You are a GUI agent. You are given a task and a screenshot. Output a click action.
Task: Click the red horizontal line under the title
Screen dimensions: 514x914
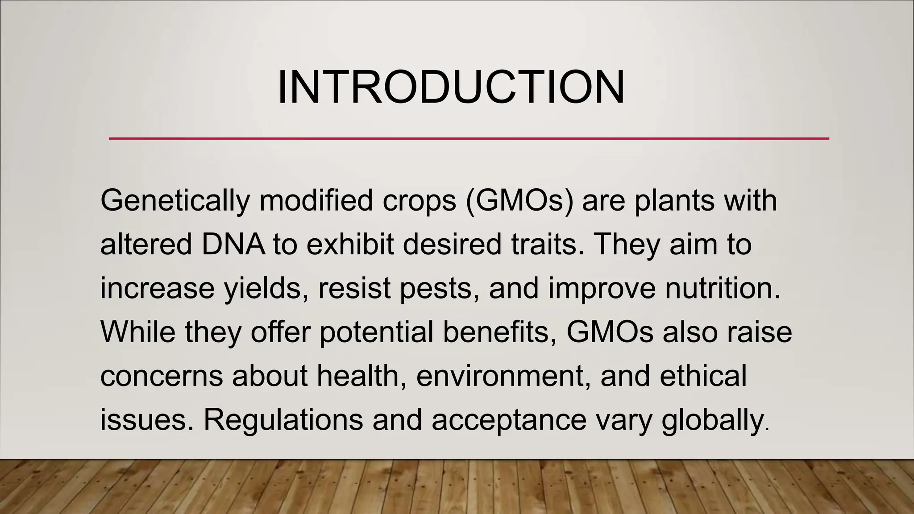pos(469,139)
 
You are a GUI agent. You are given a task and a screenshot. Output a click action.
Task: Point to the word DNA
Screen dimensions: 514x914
pos(233,245)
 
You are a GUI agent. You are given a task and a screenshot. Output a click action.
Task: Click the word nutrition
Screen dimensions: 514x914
pos(723,289)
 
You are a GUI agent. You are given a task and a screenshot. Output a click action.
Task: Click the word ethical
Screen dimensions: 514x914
pos(703,376)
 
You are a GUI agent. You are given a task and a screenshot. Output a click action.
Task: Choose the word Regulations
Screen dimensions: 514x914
pos(283,419)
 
